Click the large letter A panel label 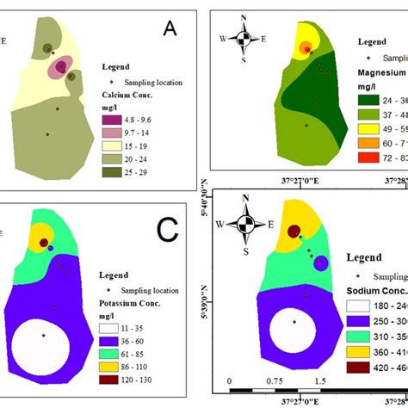[x=170, y=30]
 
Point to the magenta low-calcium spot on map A [x=62, y=66]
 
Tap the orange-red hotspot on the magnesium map [x=306, y=47]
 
